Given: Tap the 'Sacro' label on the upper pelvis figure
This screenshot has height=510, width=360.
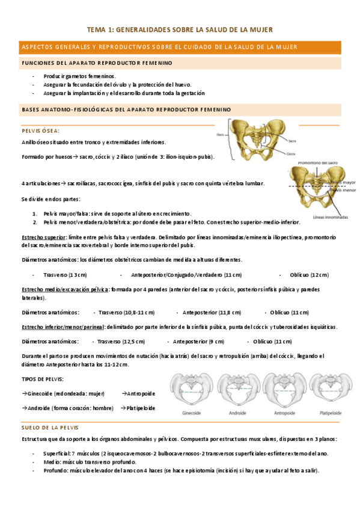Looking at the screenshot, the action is (292, 141).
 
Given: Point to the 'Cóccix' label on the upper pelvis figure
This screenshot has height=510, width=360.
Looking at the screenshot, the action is (291, 154).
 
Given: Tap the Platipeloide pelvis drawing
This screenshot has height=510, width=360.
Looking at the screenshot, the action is (329, 391).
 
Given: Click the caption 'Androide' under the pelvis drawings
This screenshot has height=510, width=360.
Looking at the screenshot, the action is (237, 414).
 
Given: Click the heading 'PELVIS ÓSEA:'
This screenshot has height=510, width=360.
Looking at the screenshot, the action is (40, 131).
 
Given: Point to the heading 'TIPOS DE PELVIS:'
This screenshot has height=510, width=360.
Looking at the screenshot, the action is (43, 379).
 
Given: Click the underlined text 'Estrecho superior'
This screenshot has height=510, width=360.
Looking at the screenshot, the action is (43, 238).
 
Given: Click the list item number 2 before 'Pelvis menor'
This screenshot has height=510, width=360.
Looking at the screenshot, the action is (35, 222).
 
